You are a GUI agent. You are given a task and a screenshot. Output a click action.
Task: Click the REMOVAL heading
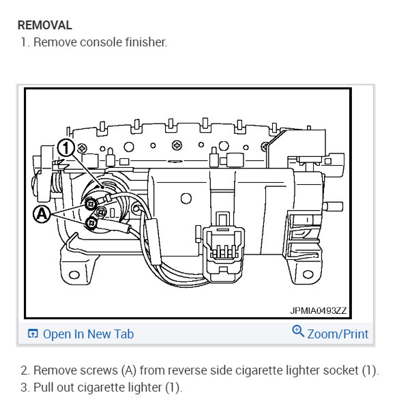[45, 25]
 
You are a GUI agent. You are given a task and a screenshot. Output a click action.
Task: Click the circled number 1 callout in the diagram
[65, 147]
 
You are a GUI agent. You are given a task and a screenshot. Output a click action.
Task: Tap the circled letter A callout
[42, 214]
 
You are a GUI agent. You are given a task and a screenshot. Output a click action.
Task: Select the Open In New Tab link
[88, 334]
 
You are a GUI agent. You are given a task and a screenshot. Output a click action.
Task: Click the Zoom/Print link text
[338, 334]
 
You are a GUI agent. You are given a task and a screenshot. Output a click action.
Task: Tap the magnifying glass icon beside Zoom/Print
[298, 331]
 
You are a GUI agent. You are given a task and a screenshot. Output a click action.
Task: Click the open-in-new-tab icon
[33, 334]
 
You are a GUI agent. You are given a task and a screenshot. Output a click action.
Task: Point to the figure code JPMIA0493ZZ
[319, 310]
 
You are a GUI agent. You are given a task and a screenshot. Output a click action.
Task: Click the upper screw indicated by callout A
[91, 203]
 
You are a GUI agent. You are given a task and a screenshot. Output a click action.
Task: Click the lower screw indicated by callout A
[91, 223]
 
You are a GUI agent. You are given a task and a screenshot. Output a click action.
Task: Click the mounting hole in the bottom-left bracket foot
[74, 275]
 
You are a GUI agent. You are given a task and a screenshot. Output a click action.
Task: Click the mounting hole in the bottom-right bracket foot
[308, 274]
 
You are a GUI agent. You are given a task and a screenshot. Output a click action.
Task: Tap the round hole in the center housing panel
[186, 199]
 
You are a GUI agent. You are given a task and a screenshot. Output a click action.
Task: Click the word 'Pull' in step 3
[44, 387]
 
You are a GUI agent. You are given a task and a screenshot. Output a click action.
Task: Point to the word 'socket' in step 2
[340, 370]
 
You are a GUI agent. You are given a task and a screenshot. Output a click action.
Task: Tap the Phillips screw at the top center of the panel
[177, 145]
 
